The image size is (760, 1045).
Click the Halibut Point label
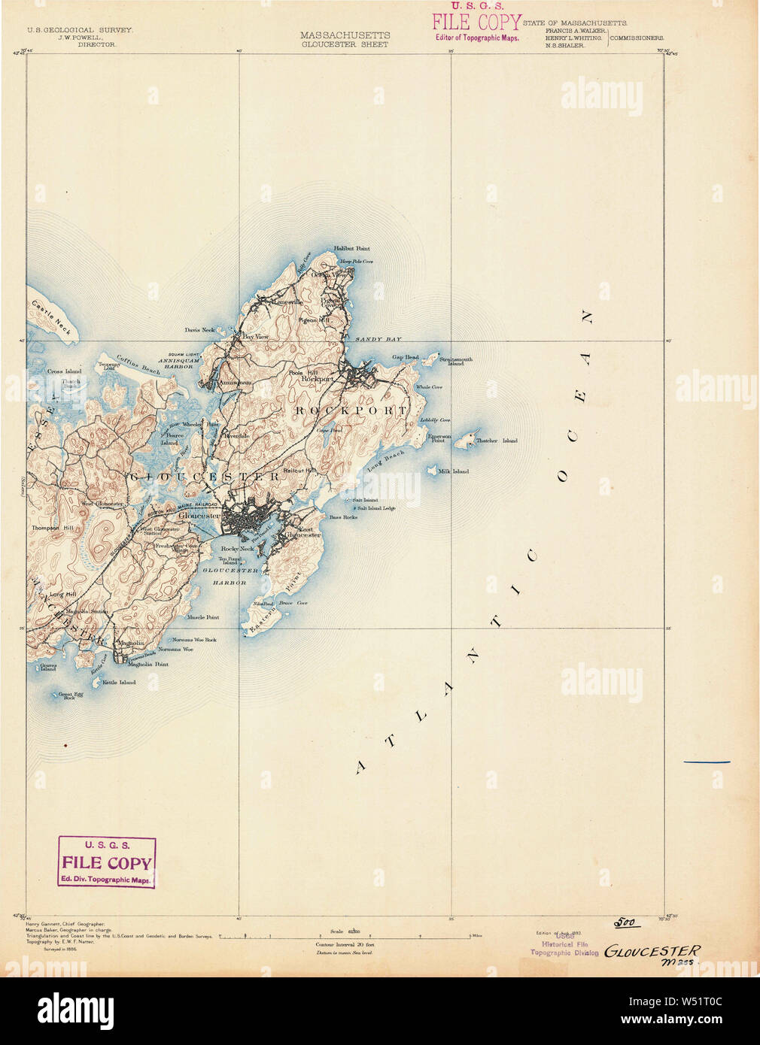(351, 248)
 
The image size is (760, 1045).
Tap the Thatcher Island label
(497, 441)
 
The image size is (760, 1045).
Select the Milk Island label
(454, 471)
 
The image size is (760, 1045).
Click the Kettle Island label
(119, 683)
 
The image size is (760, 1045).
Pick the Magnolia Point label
(147, 665)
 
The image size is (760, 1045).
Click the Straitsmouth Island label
(456, 361)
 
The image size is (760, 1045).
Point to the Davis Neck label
(199, 330)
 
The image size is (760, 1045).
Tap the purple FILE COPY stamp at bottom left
(107, 863)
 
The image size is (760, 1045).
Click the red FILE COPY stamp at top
(476, 23)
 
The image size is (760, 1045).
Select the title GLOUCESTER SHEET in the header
(345, 44)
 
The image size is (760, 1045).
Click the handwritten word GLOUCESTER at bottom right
(652, 951)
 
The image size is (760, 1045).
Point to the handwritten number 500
(624, 922)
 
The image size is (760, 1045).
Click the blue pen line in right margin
(707, 762)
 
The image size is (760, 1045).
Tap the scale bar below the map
(345, 937)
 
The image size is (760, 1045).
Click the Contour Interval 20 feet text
(345, 944)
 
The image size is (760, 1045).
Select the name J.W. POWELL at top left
(81, 37)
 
